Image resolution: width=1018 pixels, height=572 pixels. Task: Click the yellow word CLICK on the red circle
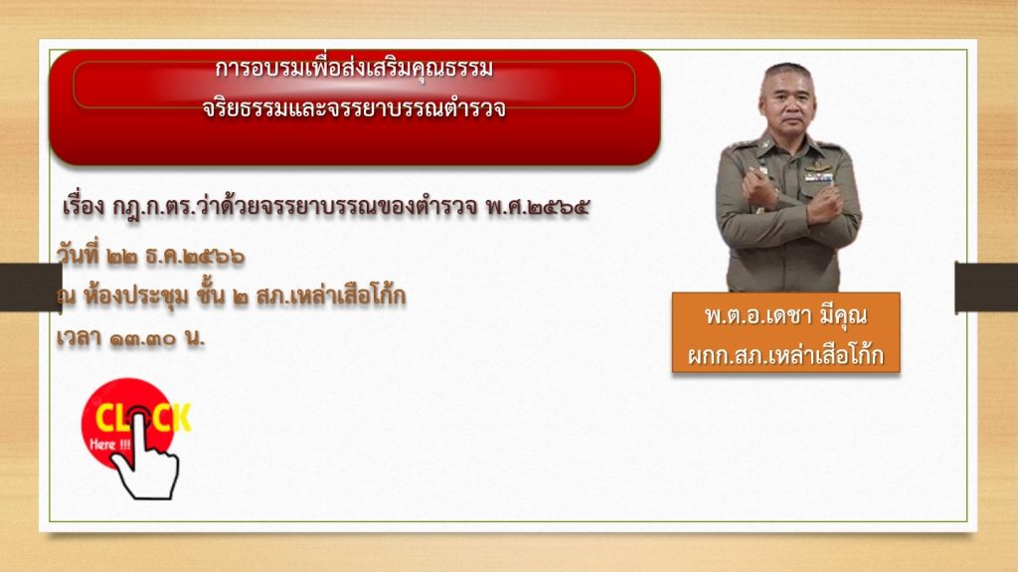pos(143,417)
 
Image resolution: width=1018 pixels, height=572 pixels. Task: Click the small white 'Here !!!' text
pos(109,445)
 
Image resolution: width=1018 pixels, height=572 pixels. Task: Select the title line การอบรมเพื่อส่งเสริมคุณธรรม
pos(354,69)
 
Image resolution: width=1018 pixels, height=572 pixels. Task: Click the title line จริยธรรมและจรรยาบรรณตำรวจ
pos(354,107)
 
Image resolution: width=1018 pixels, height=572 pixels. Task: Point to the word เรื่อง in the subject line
pos(84,207)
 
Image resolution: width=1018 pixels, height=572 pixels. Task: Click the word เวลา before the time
pos(78,338)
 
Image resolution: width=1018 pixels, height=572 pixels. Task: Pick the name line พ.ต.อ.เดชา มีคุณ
pos(785,316)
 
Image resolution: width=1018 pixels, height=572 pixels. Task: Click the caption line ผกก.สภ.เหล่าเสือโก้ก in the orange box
pos(785,355)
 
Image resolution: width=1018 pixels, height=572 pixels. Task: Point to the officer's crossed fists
pos(791,196)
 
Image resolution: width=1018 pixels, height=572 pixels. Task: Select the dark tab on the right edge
pos(986,286)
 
